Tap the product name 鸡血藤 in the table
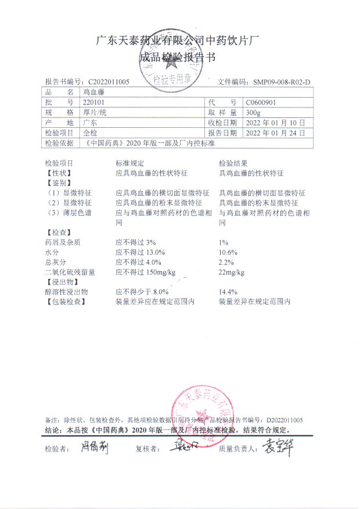click(92, 92)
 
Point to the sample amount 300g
click(254, 113)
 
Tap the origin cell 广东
click(90, 123)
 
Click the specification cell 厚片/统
click(95, 113)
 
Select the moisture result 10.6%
click(228, 253)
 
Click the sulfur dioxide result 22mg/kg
click(231, 273)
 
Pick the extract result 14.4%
click(228, 292)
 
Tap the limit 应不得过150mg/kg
click(146, 272)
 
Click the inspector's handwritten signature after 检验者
click(88, 448)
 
